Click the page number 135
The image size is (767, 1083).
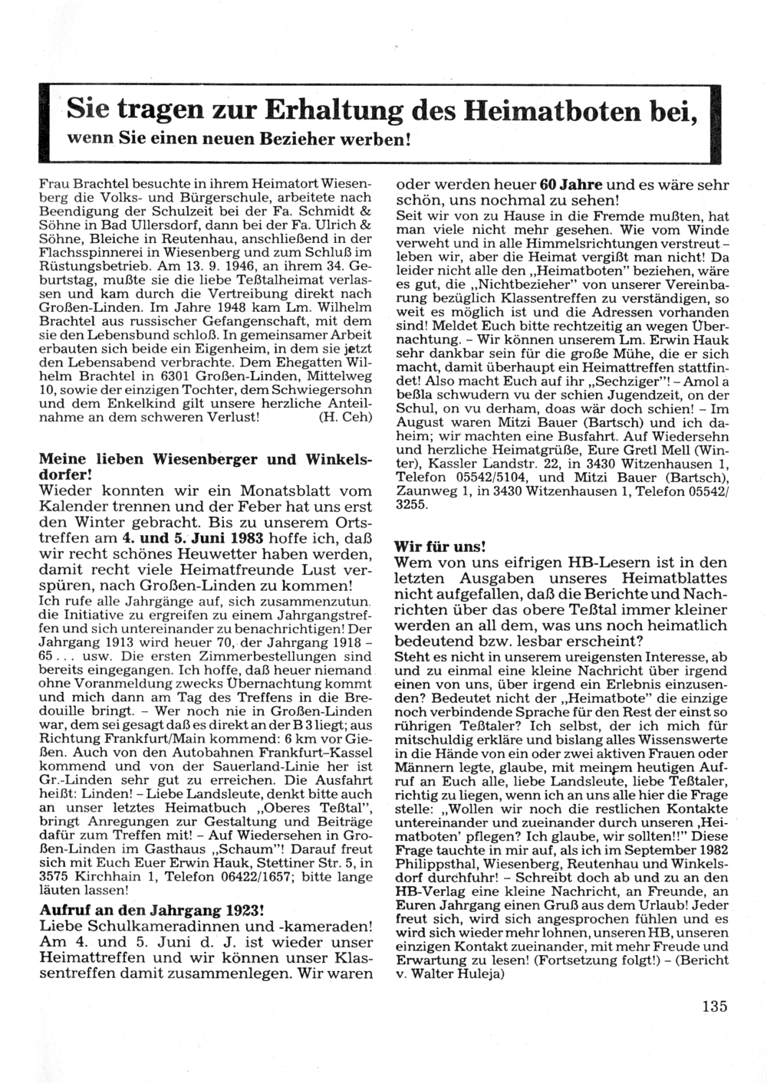pos(713,1007)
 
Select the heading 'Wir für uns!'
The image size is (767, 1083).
pos(439,546)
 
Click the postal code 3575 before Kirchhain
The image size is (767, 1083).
pos(54,877)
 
